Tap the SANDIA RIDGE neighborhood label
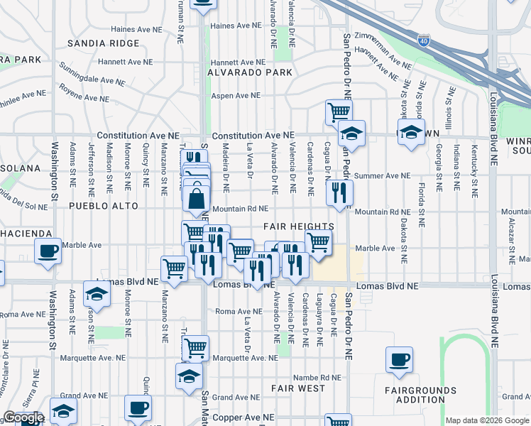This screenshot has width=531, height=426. [104, 43]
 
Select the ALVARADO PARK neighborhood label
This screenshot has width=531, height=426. [249, 72]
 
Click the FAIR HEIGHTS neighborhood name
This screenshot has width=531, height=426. [298, 226]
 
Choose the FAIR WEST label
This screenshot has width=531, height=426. [297, 389]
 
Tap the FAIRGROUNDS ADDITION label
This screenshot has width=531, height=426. [421, 396]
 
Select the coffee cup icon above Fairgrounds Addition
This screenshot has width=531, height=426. [399, 359]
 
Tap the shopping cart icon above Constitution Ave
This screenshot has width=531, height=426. [339, 111]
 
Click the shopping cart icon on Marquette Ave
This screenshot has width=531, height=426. [195, 348]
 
